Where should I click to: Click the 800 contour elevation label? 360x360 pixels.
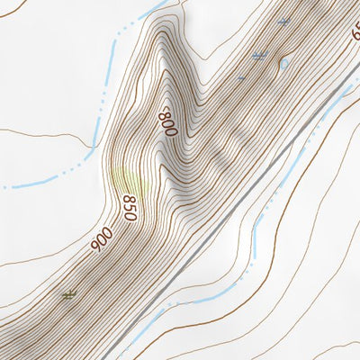[x=167, y=122]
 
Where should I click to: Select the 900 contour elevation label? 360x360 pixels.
[x=101, y=238]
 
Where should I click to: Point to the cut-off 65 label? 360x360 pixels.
[x=355, y=31]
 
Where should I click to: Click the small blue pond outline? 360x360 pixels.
[x=283, y=63]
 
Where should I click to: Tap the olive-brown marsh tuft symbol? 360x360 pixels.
[x=68, y=294]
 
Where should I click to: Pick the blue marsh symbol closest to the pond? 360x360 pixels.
[x=260, y=56]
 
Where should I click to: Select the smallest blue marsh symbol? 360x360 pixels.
[x=241, y=77]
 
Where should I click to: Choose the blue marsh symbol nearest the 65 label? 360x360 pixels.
[x=284, y=21]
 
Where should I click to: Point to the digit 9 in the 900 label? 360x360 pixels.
[x=108, y=231]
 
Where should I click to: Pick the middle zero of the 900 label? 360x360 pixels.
[x=101, y=238]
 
